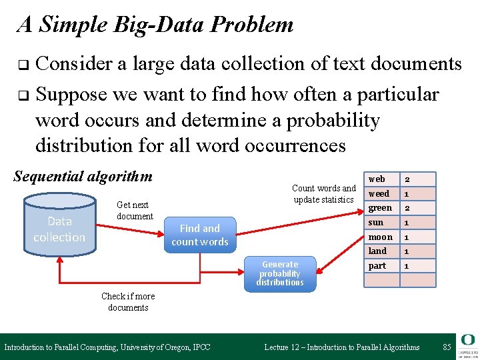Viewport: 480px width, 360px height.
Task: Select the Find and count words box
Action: click(x=199, y=235)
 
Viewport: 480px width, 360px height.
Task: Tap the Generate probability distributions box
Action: click(x=279, y=273)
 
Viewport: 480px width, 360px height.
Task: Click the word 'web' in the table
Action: click(x=377, y=179)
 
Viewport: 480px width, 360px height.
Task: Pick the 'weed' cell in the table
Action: click(x=379, y=193)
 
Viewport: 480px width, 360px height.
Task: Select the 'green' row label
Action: click(x=380, y=208)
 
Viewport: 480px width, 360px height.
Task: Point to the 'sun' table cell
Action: click(x=376, y=222)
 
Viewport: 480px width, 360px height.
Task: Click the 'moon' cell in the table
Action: click(x=380, y=237)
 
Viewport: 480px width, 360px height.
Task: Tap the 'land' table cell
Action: click(x=377, y=251)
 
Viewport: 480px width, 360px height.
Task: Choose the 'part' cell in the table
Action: click(x=377, y=265)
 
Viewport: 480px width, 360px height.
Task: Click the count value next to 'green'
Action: click(x=407, y=208)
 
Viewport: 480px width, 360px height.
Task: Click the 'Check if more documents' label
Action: click(x=128, y=301)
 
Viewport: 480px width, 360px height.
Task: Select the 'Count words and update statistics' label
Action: click(x=324, y=193)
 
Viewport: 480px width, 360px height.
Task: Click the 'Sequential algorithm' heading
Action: click(x=83, y=177)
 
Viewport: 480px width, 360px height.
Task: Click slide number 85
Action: click(x=446, y=347)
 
